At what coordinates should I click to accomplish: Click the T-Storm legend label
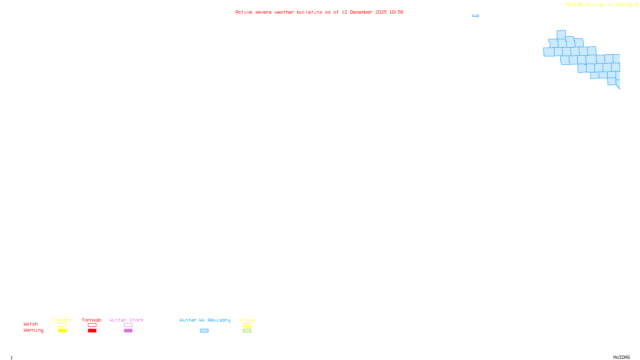[62, 320]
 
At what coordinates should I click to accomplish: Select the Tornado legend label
[92, 320]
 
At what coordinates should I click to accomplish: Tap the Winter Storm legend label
[126, 320]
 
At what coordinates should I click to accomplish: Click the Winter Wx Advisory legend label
[205, 320]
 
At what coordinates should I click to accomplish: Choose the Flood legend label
[247, 320]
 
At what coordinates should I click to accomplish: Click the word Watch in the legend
[31, 324]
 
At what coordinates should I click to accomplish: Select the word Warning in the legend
[33, 330]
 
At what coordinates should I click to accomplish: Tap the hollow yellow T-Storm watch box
[62, 325]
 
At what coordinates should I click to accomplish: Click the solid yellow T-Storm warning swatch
[62, 331]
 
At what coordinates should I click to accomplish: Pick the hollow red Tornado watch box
[92, 325]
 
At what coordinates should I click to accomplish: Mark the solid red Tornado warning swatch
[92, 331]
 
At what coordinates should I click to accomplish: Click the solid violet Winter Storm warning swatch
[128, 331]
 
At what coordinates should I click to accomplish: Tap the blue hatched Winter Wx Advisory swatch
[204, 331]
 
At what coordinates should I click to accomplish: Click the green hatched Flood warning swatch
[247, 331]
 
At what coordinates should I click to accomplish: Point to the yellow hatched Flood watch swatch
[247, 325]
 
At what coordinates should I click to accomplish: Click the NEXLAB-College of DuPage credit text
[600, 5]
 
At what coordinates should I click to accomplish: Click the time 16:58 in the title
[396, 12]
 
